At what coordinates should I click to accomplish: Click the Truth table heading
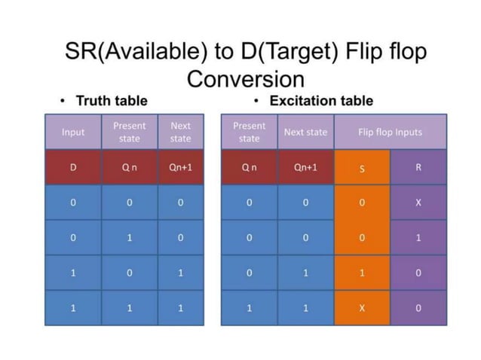(113, 100)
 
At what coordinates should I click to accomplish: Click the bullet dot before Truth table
(64, 101)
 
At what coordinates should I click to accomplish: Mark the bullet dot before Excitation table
(256, 101)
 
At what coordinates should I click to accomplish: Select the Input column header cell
(73, 132)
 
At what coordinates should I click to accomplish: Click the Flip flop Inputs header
(390, 132)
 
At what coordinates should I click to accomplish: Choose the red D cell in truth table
(73, 167)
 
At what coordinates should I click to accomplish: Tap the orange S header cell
(362, 167)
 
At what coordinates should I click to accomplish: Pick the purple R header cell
(418, 167)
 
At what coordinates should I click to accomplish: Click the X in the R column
(418, 203)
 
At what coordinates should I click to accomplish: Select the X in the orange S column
(362, 308)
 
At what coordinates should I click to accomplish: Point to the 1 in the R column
(418, 237)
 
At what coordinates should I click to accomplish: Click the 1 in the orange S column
(362, 273)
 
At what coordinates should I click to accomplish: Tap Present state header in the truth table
(130, 132)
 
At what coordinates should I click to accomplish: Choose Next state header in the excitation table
(305, 132)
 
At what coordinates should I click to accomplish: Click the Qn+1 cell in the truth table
(181, 167)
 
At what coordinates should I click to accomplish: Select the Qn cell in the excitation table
(249, 167)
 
